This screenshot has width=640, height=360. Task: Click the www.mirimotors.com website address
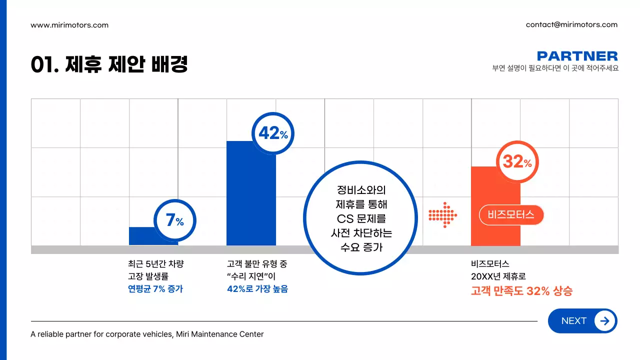click(69, 25)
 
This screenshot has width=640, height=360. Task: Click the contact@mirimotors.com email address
click(571, 24)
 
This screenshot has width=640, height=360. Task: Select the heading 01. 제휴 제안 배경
click(109, 65)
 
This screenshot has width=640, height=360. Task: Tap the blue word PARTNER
click(577, 56)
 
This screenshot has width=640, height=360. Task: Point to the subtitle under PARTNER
click(555, 68)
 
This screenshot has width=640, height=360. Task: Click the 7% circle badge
click(174, 220)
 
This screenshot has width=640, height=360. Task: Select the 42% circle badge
click(273, 133)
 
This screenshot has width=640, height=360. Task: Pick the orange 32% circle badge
click(517, 162)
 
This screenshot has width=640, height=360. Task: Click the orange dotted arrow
click(442, 215)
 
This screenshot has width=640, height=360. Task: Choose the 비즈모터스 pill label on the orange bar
click(511, 215)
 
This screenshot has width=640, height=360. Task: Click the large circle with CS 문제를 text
click(360, 218)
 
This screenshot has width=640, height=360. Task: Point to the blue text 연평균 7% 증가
click(155, 289)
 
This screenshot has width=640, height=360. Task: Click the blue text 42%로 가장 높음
click(257, 289)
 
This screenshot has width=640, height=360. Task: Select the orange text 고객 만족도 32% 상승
click(521, 291)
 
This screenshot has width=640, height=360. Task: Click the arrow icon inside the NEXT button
click(604, 321)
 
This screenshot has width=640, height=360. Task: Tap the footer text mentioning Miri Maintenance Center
click(147, 334)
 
